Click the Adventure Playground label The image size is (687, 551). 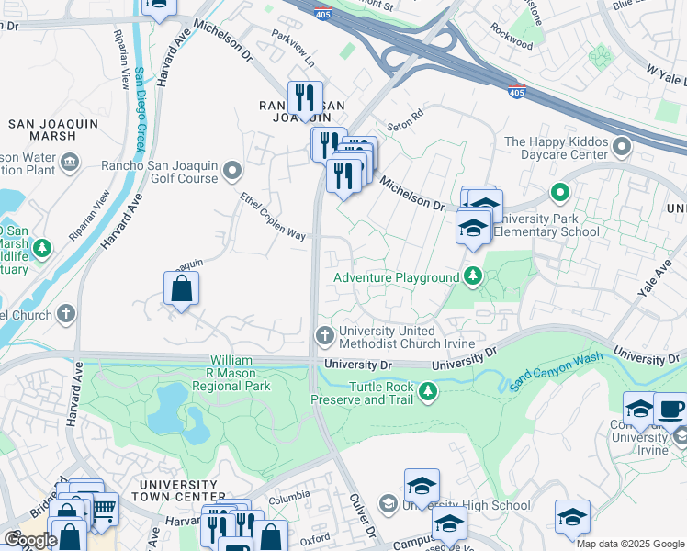click(396, 277)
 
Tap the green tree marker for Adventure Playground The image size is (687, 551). click(473, 275)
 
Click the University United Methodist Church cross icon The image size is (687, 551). click(323, 334)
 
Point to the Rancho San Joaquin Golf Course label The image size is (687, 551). click(159, 171)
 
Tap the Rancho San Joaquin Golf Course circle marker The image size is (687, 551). click(233, 170)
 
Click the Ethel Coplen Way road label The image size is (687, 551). click(273, 216)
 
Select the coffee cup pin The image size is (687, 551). click(670, 408)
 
